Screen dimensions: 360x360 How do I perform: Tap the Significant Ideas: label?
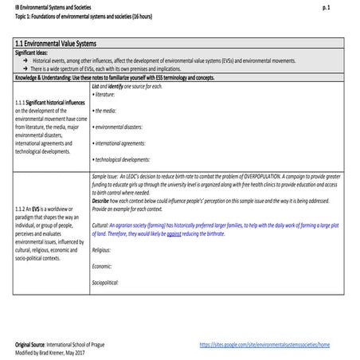[x=33, y=52]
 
